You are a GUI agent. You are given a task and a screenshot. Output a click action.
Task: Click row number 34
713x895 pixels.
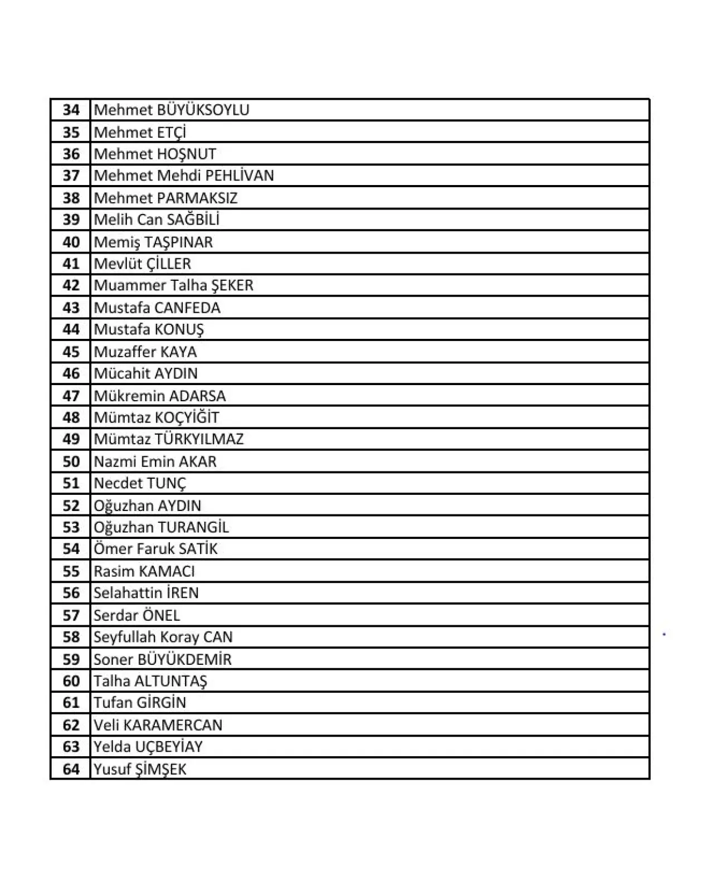71,110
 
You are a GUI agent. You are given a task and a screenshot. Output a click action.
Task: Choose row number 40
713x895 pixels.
71,242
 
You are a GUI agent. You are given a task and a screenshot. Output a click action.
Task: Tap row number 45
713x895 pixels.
71,352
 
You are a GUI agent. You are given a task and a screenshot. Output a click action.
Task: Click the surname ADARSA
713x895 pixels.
197,396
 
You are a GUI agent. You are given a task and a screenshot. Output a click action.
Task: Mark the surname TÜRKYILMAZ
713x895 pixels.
199,439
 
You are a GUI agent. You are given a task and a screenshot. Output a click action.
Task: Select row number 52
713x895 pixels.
71,505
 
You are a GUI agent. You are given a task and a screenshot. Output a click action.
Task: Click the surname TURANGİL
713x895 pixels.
193,527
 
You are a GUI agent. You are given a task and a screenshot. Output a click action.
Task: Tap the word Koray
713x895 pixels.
179,637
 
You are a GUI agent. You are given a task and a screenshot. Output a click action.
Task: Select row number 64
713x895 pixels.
71,769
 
